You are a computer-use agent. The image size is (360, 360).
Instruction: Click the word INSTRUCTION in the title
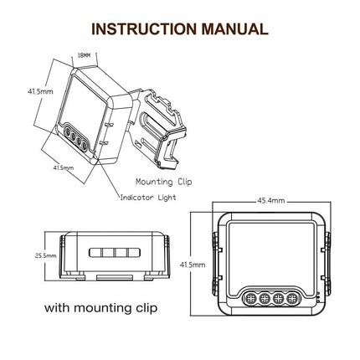142,28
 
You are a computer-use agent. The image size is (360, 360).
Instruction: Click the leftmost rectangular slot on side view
95,251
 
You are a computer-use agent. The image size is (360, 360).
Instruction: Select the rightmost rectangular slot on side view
131,251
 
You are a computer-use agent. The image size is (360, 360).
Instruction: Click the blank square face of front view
270,255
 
